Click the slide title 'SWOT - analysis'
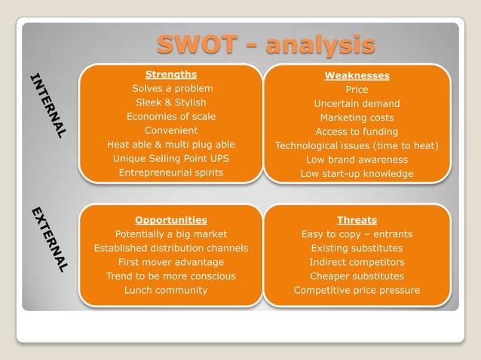[x=265, y=44]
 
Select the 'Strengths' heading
[x=171, y=75]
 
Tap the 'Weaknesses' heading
[x=357, y=75]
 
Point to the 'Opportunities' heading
[x=171, y=220]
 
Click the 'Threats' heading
[x=357, y=220]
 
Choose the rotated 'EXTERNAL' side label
[x=50, y=239]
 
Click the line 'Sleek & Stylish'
[x=171, y=102]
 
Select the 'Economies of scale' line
[x=171, y=116]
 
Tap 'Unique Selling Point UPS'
[x=171, y=158]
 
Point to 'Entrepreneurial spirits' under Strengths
[x=171, y=172]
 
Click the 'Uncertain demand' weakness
[x=357, y=103]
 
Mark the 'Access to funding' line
[x=357, y=132]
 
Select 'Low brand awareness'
[x=357, y=160]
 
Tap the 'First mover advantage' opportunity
[x=171, y=262]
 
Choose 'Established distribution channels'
[x=171, y=248]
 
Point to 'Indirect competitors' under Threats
[x=357, y=262]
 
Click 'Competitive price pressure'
[x=357, y=290]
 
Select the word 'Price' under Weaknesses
[x=357, y=90]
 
